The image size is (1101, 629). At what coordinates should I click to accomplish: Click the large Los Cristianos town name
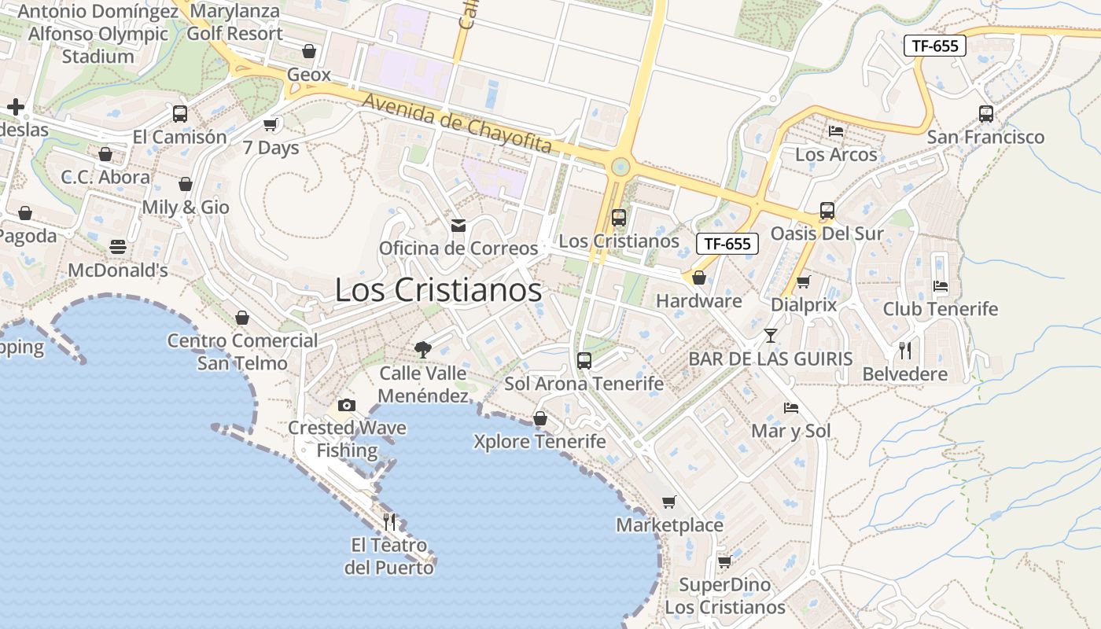[x=438, y=289]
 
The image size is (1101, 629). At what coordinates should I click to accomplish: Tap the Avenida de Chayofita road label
[x=457, y=123]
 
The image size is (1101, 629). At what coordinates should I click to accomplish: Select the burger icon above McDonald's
[x=118, y=247]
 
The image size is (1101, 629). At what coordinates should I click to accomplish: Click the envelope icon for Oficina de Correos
[x=458, y=226]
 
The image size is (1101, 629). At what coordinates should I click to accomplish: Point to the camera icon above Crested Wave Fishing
[x=346, y=406]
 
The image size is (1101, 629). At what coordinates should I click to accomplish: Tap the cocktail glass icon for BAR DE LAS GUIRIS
[x=770, y=336]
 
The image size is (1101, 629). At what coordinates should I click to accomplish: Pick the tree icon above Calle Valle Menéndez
[x=423, y=350]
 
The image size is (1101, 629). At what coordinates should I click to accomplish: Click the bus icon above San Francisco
[x=986, y=113]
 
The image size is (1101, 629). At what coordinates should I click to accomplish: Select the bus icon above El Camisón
[x=180, y=113]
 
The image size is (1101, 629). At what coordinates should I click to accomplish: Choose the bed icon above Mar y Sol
[x=791, y=408]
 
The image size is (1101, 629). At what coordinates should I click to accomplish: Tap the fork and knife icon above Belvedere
[x=905, y=351]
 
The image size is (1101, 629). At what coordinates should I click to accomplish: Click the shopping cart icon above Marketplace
[x=669, y=502]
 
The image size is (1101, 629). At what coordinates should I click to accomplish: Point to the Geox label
[x=309, y=75]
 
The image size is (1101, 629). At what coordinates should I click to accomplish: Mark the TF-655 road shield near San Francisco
[x=934, y=46]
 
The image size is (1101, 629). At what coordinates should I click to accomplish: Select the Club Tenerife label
[x=940, y=309]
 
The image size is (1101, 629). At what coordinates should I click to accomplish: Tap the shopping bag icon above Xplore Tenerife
[x=540, y=418]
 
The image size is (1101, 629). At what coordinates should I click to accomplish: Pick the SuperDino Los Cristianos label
[x=724, y=596]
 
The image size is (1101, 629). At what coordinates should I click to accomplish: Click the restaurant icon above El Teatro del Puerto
[x=388, y=521]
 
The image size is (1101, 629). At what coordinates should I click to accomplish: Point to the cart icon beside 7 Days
[x=271, y=124]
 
